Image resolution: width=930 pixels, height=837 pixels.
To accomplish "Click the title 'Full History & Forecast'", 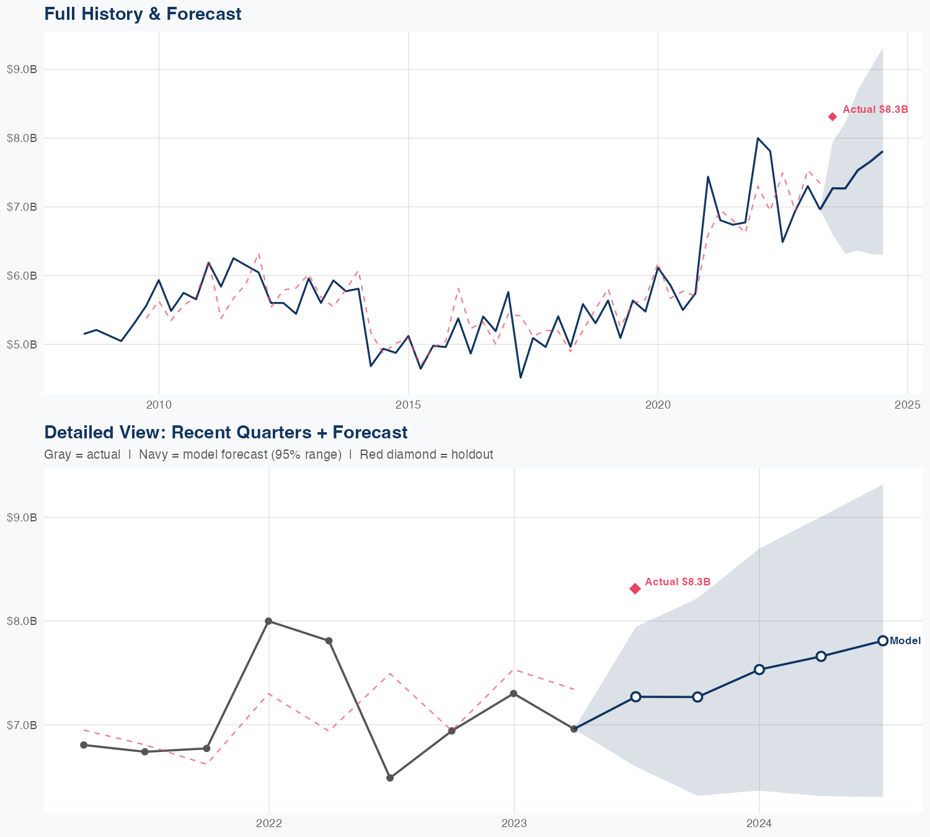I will click(x=143, y=14).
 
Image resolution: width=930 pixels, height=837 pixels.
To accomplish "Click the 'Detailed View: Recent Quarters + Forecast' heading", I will click(x=226, y=432).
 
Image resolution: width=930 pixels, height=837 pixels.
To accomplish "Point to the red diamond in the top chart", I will click(x=833, y=117).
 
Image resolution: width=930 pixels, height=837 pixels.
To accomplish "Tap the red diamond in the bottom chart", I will click(x=635, y=588).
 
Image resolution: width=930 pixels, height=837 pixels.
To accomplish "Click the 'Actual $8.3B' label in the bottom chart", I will click(x=677, y=582).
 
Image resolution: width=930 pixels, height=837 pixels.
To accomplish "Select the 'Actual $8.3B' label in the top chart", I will click(x=875, y=110).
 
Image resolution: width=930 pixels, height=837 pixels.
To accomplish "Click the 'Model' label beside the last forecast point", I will click(x=905, y=641).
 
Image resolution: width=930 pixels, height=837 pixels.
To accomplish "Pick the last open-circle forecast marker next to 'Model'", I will click(x=882, y=640).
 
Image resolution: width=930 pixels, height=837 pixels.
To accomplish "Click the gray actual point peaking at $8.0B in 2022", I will click(x=268, y=621).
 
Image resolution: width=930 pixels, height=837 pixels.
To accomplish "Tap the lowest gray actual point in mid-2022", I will click(x=390, y=777).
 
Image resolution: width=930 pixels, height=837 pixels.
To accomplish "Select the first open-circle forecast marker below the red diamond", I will click(x=635, y=697).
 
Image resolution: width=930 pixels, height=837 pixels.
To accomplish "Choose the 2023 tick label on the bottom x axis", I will click(x=514, y=824).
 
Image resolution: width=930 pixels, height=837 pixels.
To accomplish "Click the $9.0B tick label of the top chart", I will click(x=22, y=69).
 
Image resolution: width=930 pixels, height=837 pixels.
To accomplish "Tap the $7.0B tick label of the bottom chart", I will click(x=22, y=725).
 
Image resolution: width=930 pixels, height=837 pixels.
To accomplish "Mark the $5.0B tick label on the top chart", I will click(x=22, y=344).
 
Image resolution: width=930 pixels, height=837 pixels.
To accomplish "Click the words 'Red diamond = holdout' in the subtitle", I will click(x=426, y=454).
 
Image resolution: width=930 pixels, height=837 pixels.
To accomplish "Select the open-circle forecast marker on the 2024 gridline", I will click(x=759, y=669).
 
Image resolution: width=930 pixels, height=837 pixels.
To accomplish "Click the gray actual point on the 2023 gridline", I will click(x=513, y=693).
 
